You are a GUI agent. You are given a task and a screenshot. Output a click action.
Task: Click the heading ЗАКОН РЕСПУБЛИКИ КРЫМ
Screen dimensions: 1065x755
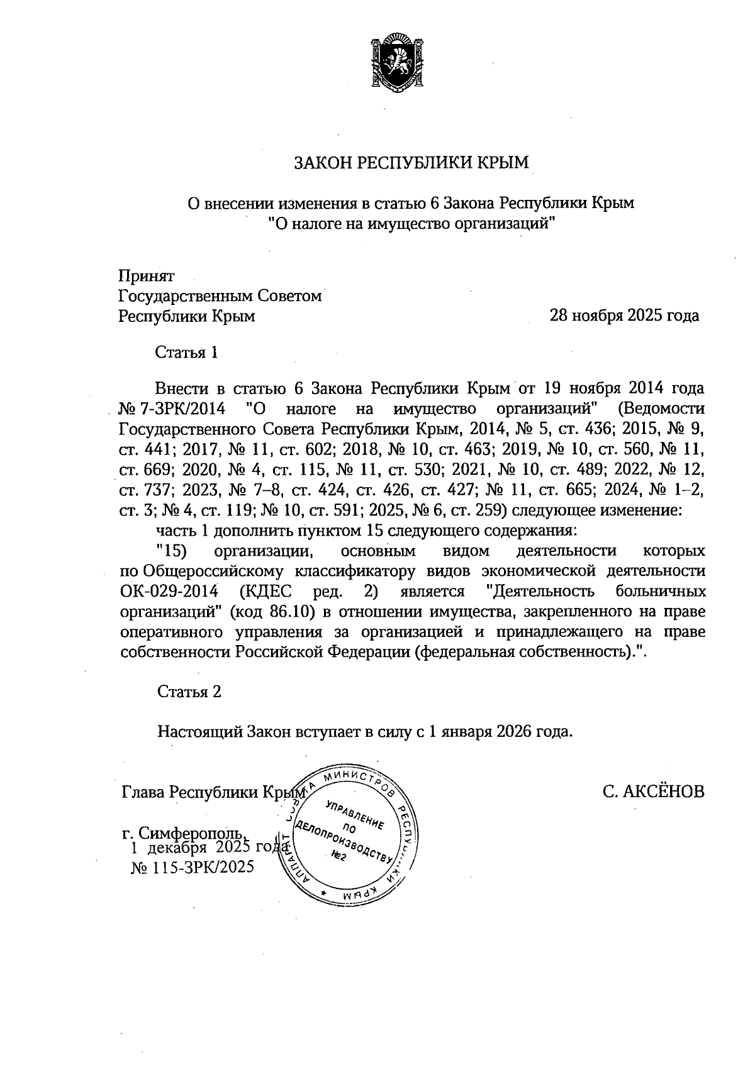[x=412, y=163]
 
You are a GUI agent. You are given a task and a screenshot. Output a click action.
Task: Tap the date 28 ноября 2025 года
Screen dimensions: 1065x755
[x=624, y=315]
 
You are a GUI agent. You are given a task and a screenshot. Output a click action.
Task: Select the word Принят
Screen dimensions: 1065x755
[x=147, y=275]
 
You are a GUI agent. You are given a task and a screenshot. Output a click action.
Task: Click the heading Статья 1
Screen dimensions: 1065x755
[x=186, y=353]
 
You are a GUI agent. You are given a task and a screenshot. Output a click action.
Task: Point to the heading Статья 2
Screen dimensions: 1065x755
[x=189, y=692]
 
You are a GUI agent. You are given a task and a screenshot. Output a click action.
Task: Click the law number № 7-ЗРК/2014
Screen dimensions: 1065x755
[x=172, y=409]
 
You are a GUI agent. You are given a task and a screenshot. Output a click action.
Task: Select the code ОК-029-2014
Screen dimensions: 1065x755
[x=169, y=592]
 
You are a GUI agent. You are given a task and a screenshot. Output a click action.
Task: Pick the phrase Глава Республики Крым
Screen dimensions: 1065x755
[x=213, y=792]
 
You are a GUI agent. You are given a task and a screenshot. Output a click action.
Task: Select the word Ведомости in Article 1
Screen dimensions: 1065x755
[x=661, y=409]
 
